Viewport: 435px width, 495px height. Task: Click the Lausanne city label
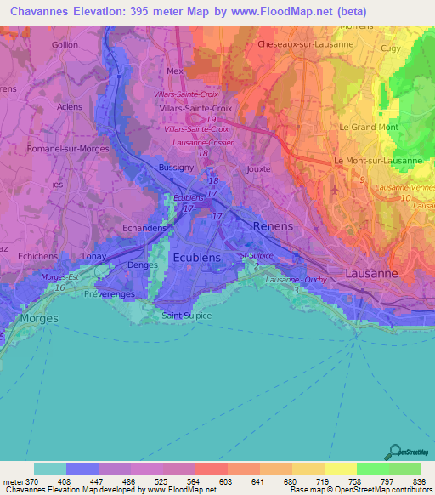pyautogui.click(x=371, y=273)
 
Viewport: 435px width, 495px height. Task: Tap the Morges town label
pyautogui.click(x=39, y=318)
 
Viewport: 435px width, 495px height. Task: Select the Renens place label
pyautogui.click(x=272, y=226)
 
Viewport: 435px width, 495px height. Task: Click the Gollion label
pyautogui.click(x=64, y=45)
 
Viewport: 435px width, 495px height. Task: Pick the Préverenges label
pyautogui.click(x=110, y=293)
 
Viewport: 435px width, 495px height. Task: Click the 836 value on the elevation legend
pyautogui.click(x=419, y=482)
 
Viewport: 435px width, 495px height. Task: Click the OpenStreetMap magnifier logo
pyautogui.click(x=394, y=452)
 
